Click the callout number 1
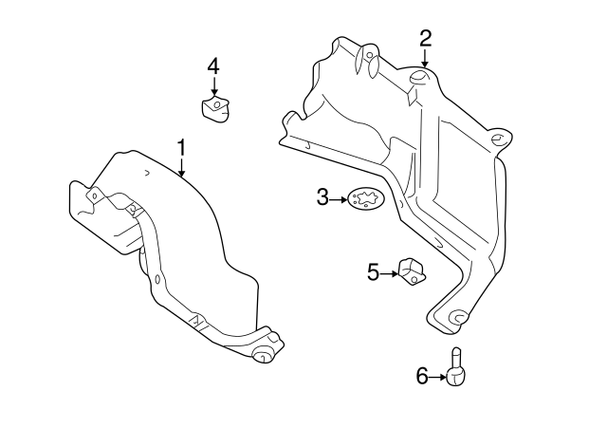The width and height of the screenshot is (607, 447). (180, 147)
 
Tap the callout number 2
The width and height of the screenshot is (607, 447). (426, 38)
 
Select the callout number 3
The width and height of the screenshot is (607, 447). (322, 197)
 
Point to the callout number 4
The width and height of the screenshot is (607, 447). (213, 65)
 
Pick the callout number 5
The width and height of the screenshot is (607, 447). (373, 273)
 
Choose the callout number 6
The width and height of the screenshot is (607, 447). (422, 377)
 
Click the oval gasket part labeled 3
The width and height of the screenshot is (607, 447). (361, 199)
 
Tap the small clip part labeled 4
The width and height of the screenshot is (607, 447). (215, 108)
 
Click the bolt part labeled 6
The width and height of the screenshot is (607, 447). (456, 370)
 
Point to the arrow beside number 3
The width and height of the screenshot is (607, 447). (339, 198)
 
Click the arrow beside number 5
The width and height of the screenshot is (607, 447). (388, 273)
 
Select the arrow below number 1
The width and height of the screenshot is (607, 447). (181, 168)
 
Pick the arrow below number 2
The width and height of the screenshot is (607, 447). (426, 58)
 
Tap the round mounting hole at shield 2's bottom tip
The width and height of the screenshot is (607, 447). (457, 316)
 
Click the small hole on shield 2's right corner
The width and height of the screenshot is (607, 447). (495, 140)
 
